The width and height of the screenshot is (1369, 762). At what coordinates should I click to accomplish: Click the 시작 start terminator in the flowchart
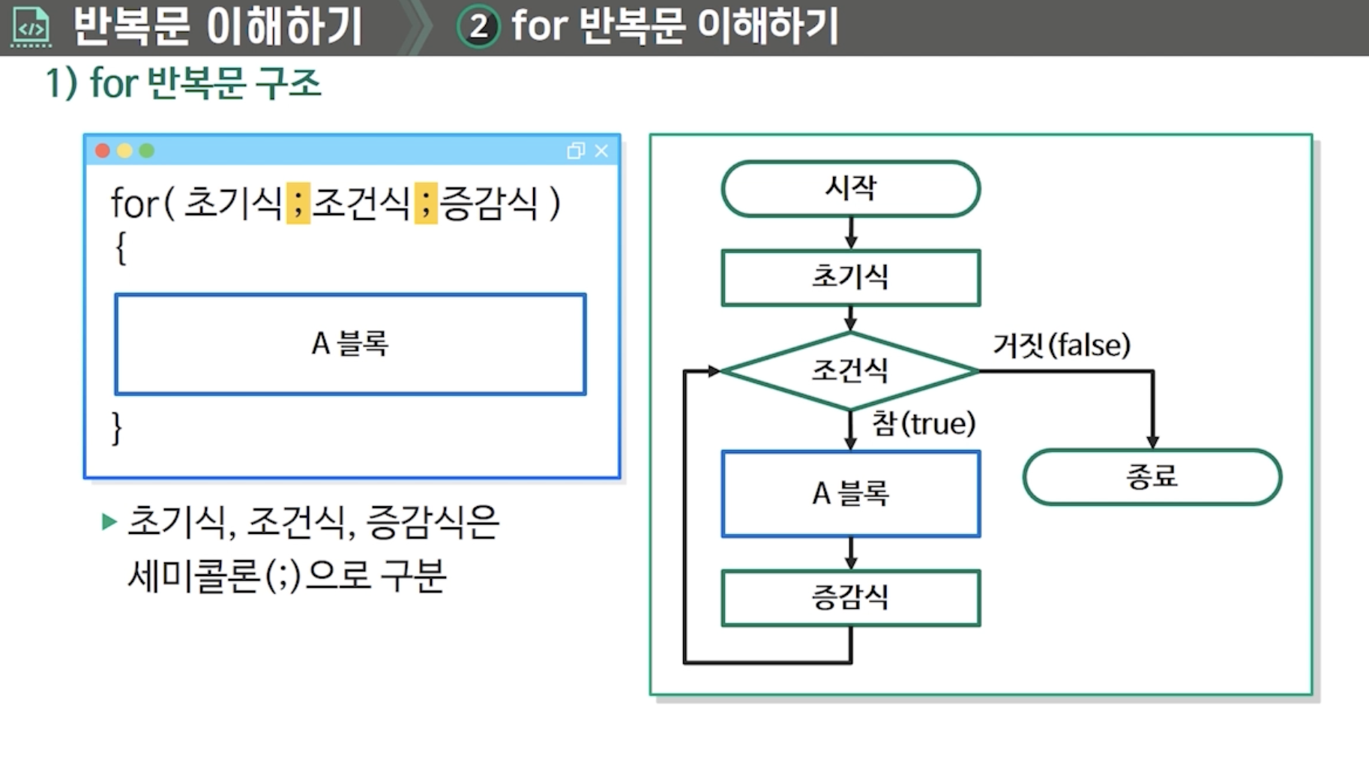pyautogui.click(x=850, y=188)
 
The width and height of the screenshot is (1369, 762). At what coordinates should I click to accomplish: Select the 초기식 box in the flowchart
pyautogui.click(x=850, y=277)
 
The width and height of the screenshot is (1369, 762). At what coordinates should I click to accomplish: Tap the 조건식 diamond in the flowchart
pyautogui.click(x=850, y=370)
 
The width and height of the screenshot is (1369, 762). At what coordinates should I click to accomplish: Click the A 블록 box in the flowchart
pyautogui.click(x=850, y=493)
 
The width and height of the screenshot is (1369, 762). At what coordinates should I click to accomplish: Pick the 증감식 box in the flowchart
pyautogui.click(x=850, y=598)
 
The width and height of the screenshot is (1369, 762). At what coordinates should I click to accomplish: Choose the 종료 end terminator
pyautogui.click(x=1152, y=477)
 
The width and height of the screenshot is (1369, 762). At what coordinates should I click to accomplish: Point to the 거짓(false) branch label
pyautogui.click(x=1062, y=345)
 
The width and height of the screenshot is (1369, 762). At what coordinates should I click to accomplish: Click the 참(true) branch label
pyautogui.click(x=924, y=424)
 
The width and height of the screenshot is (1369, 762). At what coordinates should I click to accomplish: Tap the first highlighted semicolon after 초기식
pyautogui.click(x=298, y=202)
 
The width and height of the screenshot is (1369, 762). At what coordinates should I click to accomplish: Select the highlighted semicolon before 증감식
pyautogui.click(x=426, y=202)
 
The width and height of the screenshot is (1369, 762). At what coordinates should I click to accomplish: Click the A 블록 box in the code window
pyautogui.click(x=350, y=344)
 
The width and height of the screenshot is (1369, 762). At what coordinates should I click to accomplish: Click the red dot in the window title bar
pyautogui.click(x=103, y=151)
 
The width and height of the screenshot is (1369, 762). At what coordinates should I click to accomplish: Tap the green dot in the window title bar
pyautogui.click(x=147, y=151)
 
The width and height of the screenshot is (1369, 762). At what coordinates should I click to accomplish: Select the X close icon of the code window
pyautogui.click(x=601, y=151)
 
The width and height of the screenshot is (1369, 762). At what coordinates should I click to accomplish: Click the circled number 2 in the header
pyautogui.click(x=478, y=27)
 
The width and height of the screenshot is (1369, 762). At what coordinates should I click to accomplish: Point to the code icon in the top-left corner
pyautogui.click(x=31, y=27)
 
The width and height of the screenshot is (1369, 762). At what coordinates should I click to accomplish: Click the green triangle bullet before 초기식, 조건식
pyautogui.click(x=109, y=521)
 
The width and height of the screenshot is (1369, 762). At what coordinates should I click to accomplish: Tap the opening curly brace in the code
pyautogui.click(x=120, y=248)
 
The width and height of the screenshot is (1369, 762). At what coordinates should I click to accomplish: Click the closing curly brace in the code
pyautogui.click(x=116, y=428)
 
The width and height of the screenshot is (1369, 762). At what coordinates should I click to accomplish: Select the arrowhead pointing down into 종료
pyautogui.click(x=1152, y=442)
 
